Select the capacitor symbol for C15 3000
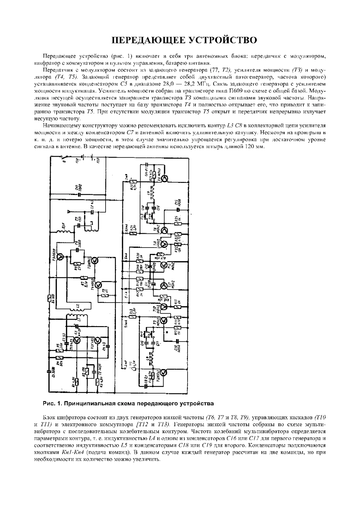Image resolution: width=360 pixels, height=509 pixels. [x=79, y=194]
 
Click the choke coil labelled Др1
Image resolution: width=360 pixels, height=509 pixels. [x=65, y=232]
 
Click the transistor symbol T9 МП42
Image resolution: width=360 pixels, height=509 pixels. [x=164, y=179]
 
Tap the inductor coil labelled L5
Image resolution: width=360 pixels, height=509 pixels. [x=153, y=193]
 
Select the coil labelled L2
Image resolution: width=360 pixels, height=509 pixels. [x=79, y=306]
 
